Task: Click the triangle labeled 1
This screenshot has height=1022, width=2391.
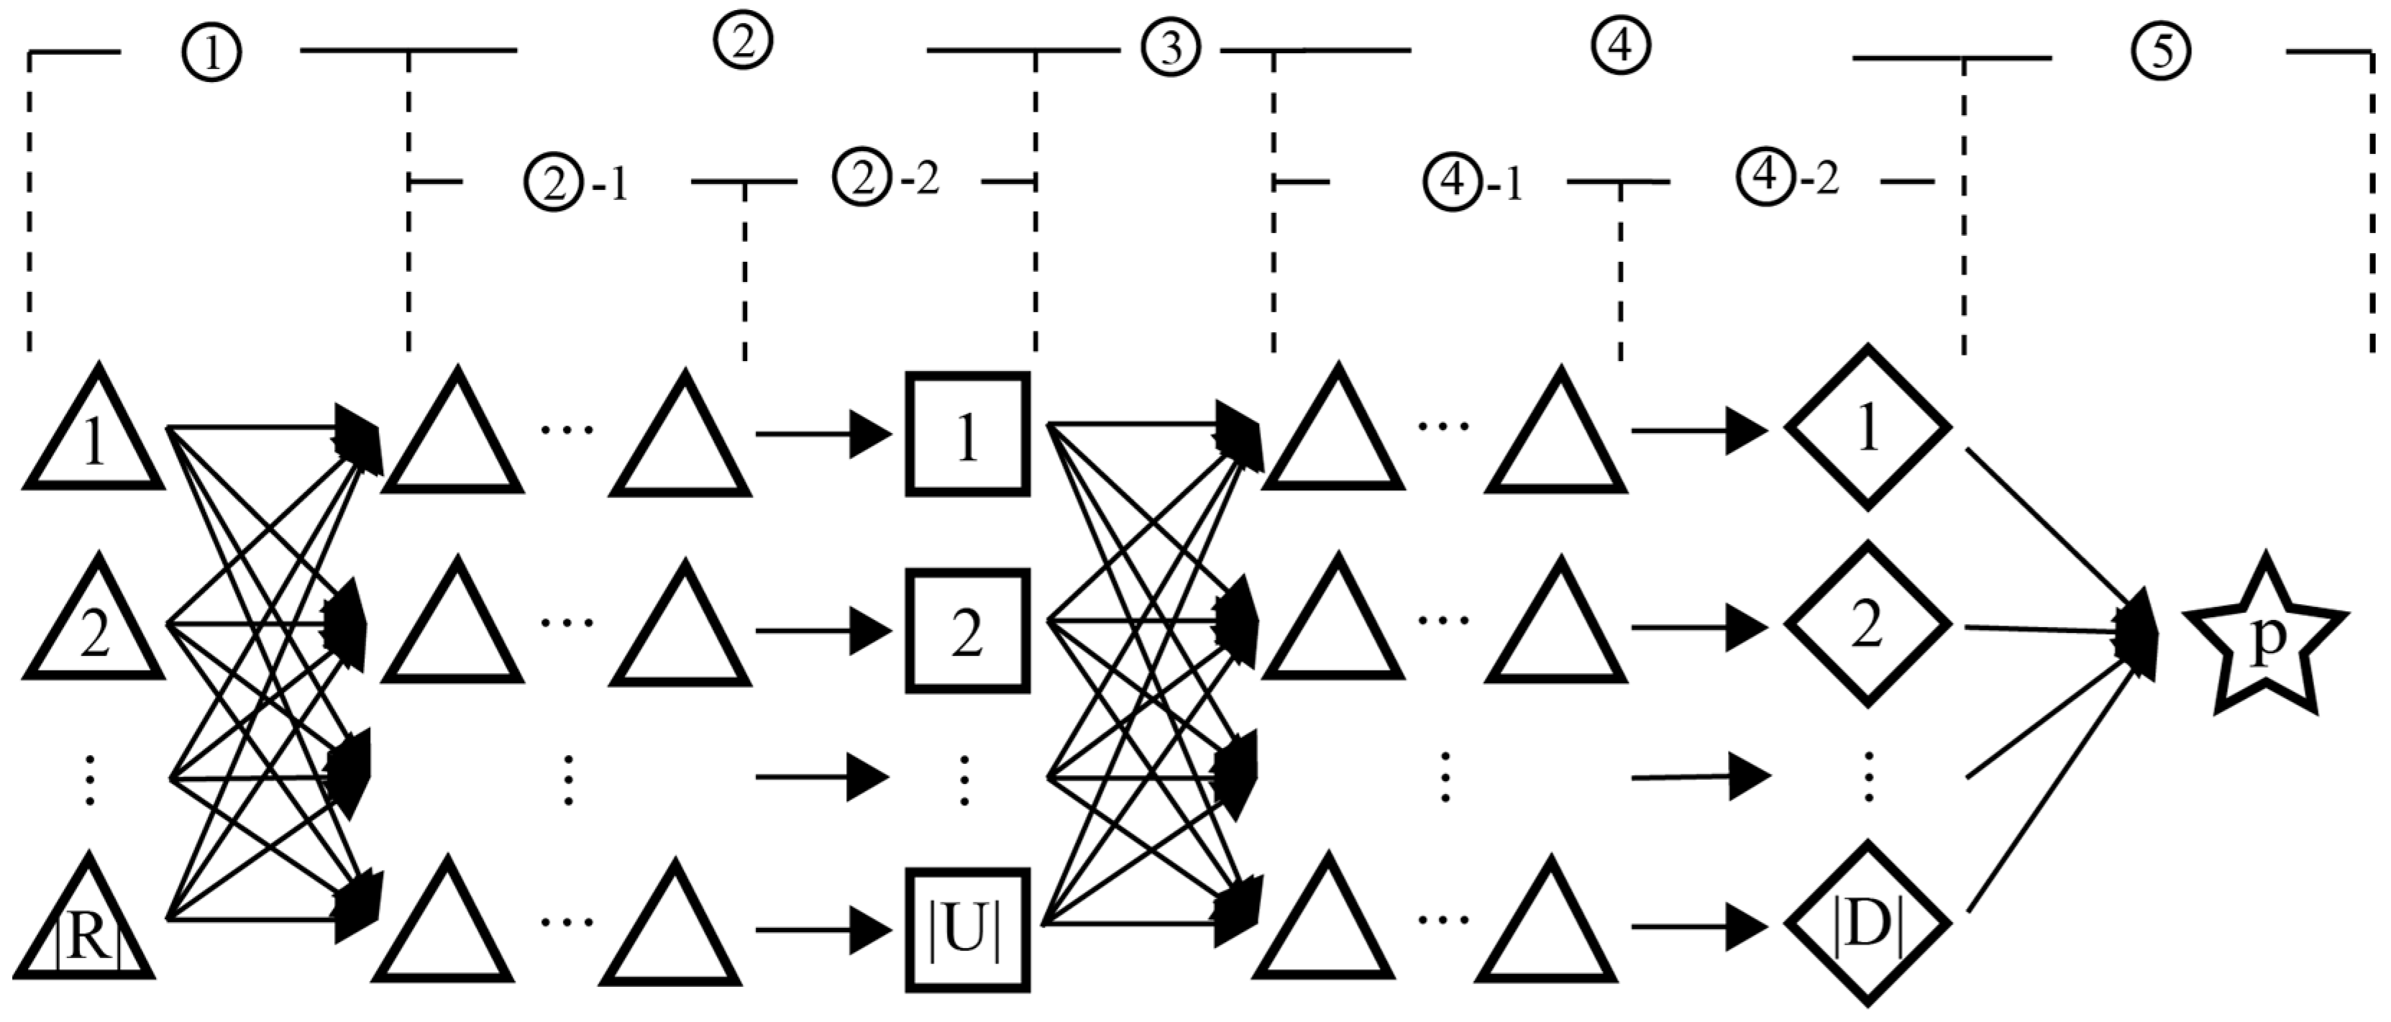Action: coord(93,437)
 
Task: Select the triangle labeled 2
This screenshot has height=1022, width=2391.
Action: coord(93,626)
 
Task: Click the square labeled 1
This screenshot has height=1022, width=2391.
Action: coord(967,434)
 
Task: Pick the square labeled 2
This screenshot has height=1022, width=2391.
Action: coord(967,631)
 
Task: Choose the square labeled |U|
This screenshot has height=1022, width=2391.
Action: coord(967,930)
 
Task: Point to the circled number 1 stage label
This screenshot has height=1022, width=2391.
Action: coord(211,54)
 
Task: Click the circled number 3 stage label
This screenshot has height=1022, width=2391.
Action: coord(1171,48)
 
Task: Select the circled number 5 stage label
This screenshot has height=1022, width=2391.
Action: coord(2161,53)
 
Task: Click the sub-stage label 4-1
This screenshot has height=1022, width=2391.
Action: coord(1474,183)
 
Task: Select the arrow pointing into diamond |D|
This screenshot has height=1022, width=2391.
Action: coord(1698,926)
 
